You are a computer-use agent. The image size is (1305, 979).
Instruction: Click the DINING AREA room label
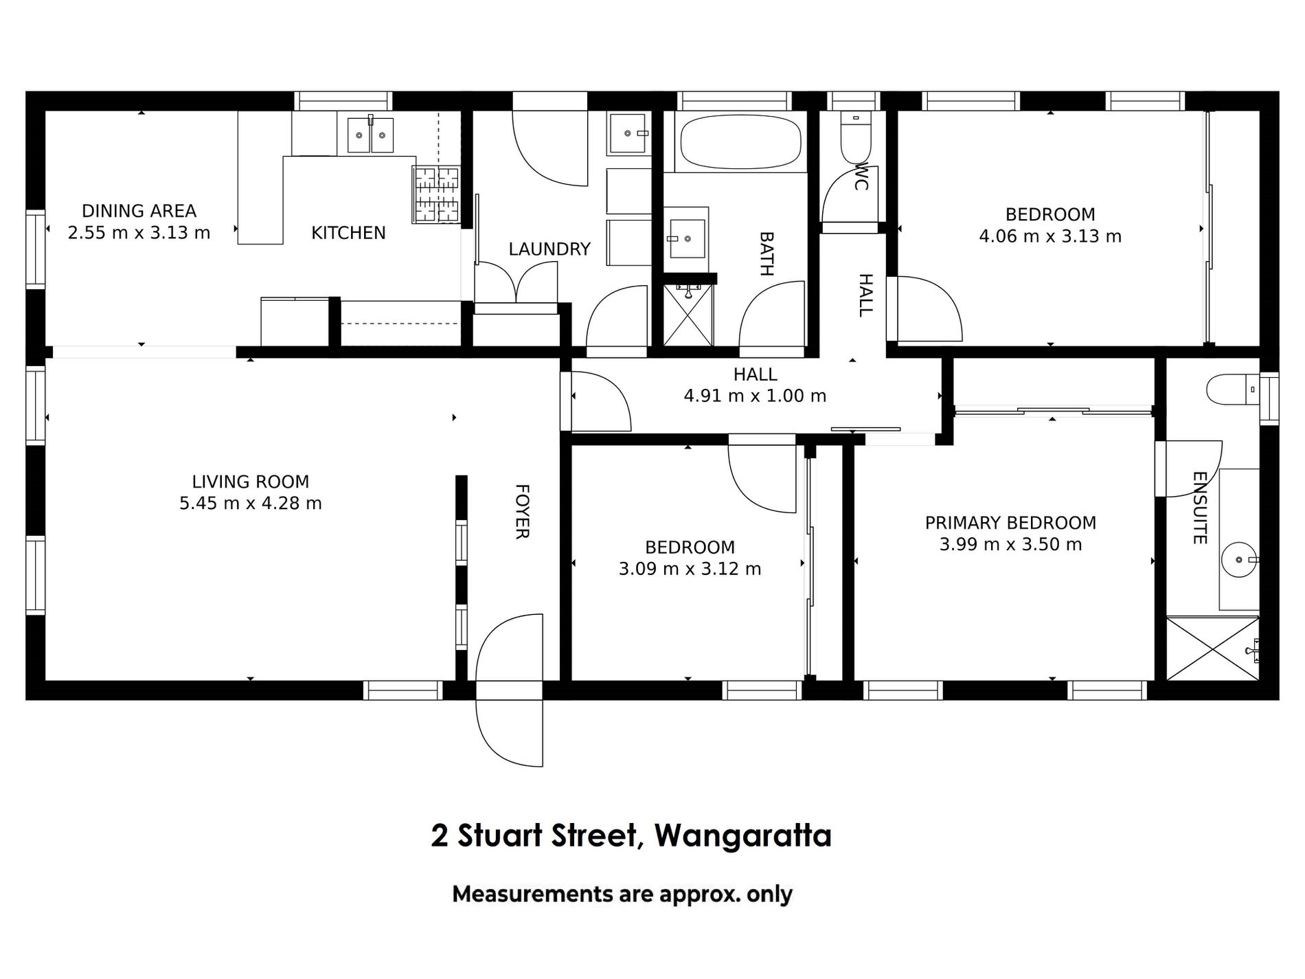[x=139, y=211]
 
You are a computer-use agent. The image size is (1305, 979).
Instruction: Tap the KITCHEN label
[x=348, y=233]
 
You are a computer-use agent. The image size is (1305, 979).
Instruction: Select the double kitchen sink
[x=370, y=135]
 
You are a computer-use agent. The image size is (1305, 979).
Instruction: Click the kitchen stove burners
[x=435, y=194]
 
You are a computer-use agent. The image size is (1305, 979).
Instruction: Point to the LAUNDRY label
[x=549, y=249]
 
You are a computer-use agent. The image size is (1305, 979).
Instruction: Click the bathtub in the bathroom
[x=740, y=142]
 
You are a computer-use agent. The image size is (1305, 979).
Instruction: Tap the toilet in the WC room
[x=855, y=137]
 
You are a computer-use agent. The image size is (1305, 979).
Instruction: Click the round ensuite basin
[x=1240, y=560]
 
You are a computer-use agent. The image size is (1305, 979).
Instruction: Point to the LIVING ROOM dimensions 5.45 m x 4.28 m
[x=251, y=504]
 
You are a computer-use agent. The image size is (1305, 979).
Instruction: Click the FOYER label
[x=521, y=512]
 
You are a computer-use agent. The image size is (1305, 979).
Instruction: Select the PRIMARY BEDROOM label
[x=1010, y=523]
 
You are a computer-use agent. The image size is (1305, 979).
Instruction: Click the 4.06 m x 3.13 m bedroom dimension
[x=1050, y=237]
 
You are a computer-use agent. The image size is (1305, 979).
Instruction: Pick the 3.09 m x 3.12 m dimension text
[x=690, y=569]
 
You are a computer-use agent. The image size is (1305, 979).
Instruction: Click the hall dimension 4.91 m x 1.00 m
[x=755, y=396]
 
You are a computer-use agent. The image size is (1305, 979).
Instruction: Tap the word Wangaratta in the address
[x=743, y=837]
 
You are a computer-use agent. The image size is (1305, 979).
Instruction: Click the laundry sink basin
[x=627, y=133]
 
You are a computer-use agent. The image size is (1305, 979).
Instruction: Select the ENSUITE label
[x=1199, y=508]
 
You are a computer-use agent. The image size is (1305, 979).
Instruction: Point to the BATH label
[x=766, y=254]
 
